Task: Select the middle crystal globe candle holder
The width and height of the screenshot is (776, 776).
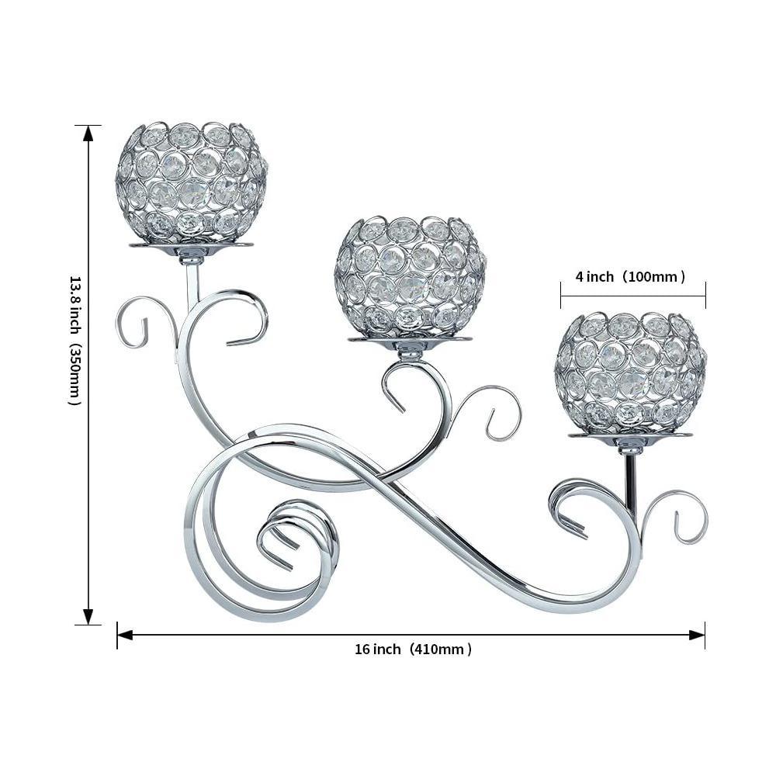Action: tap(411, 275)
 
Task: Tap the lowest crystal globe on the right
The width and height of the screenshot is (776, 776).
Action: tap(629, 372)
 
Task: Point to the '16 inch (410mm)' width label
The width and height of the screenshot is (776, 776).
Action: tap(413, 650)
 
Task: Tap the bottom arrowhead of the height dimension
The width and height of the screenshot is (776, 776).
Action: tap(88, 616)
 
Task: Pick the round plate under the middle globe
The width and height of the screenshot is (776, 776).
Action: tap(410, 339)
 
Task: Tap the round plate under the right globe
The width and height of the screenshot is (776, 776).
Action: tap(630, 435)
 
